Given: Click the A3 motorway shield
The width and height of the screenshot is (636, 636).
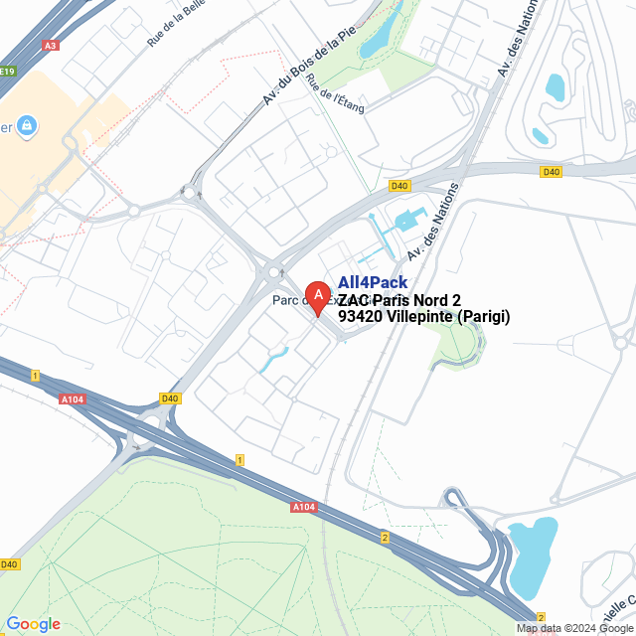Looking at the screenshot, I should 51,45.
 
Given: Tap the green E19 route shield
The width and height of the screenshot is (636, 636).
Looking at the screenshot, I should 8,72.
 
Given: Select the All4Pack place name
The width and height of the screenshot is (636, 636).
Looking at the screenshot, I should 373,283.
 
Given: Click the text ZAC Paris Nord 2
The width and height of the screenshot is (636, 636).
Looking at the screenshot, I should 399,300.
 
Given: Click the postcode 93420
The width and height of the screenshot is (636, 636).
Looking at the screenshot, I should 360,317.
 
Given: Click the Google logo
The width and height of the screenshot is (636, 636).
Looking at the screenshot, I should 33,623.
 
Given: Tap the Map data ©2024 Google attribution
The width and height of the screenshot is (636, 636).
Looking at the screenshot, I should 573,628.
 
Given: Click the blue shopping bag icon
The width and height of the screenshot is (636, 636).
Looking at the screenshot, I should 27,125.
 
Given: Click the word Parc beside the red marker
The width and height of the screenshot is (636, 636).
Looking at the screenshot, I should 288,301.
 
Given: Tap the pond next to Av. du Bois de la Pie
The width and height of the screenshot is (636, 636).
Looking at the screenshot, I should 378,40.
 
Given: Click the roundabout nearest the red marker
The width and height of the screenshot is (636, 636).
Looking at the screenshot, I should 271,270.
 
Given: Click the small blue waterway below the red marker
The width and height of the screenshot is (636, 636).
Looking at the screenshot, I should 272,358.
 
